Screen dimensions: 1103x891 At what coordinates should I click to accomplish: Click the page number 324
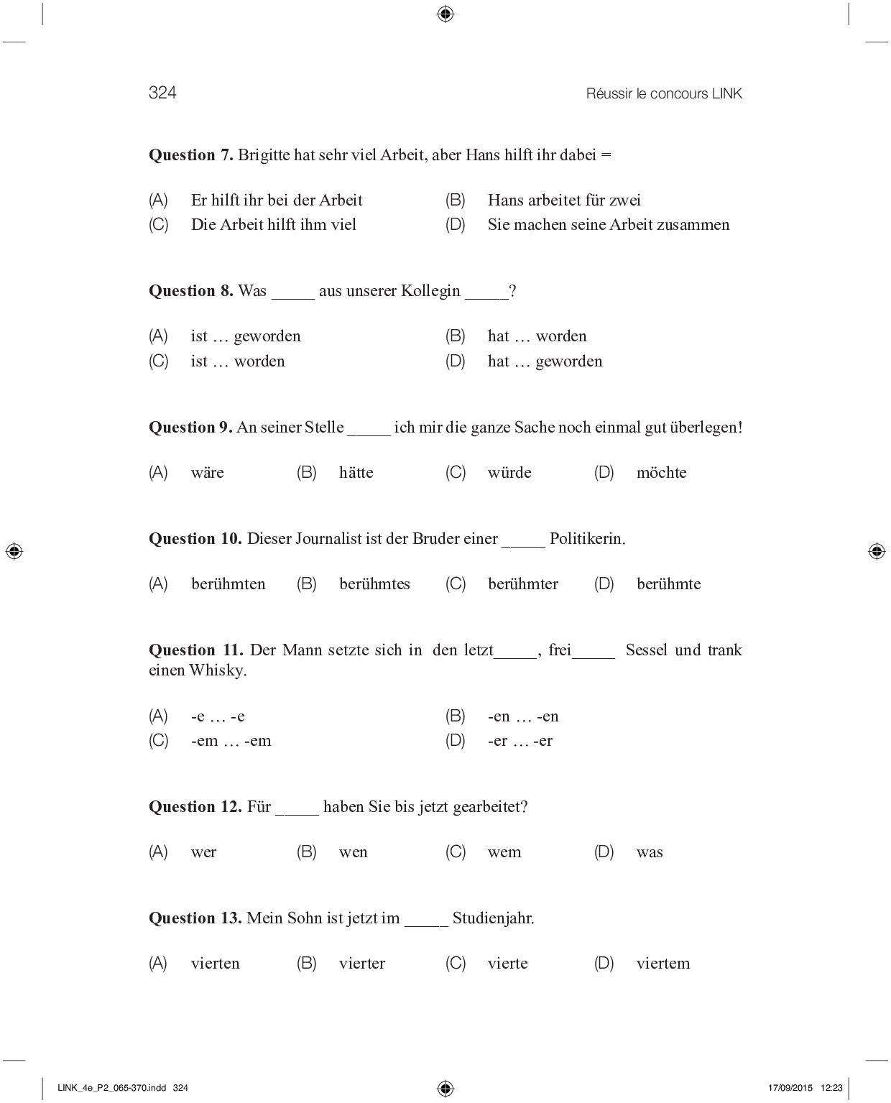pos(162,93)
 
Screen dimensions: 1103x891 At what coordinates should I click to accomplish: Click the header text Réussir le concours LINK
pos(664,93)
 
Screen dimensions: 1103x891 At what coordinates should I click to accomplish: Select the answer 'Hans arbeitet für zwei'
pos(564,200)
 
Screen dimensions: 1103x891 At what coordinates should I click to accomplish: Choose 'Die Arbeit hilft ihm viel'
pos(273,225)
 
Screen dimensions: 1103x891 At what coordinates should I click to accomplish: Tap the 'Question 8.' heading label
pos(190,291)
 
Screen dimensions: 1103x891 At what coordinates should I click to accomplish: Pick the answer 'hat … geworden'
pos(545,361)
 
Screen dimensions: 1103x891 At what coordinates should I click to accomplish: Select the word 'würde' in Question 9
pos(509,473)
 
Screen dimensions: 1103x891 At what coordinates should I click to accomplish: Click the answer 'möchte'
pos(661,473)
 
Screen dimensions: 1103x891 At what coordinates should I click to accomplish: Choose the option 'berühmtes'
pos(374,584)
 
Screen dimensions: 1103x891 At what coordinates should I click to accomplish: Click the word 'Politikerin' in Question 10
pos(586,539)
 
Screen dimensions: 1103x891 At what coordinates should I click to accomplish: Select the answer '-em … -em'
pos(231,741)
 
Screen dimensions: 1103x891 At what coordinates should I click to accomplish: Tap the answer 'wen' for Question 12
pos(353,852)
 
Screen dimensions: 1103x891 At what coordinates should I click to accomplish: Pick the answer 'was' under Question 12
pos(650,852)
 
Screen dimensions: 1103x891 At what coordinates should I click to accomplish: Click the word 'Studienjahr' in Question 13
pos(492,918)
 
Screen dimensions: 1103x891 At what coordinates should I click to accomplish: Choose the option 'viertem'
pos(663,964)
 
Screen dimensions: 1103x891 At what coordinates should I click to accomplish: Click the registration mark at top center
pos(445,14)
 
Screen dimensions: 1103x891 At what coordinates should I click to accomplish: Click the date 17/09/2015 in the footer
pos(790,1088)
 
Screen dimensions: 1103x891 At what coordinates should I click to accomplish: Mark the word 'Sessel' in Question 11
pos(646,650)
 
